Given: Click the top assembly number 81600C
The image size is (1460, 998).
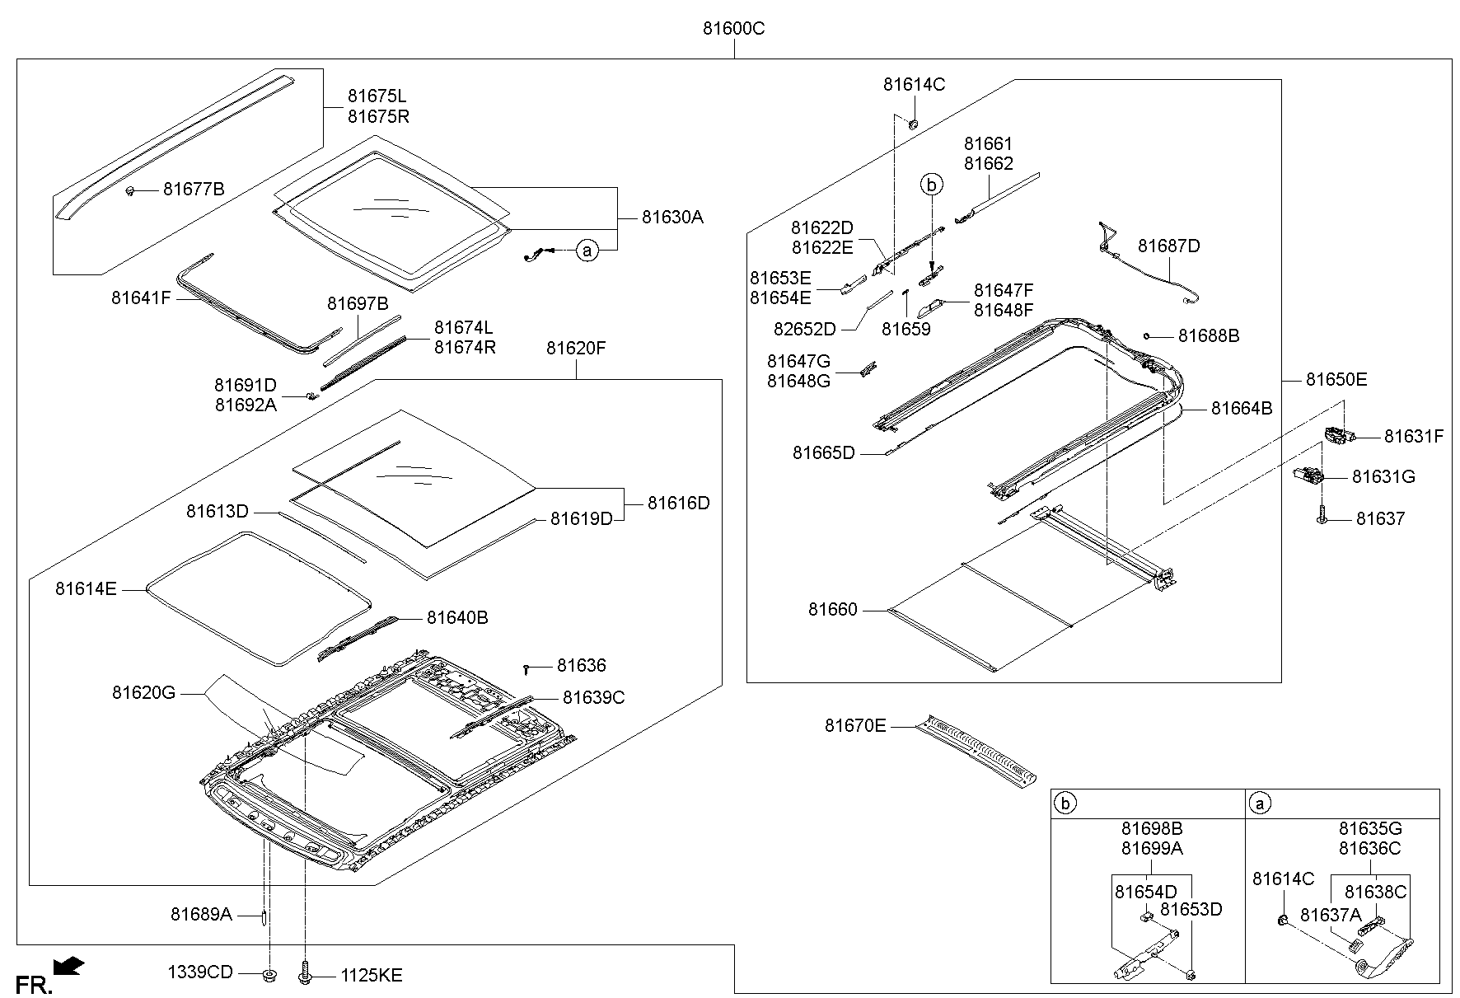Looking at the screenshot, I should [x=733, y=29].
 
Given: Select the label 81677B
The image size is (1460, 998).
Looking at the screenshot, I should [x=193, y=190].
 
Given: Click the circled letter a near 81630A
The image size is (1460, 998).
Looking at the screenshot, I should [x=586, y=249].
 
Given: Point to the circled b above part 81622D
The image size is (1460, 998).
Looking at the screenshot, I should [x=931, y=185].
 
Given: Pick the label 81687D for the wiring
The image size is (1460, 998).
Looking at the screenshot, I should [x=1168, y=246].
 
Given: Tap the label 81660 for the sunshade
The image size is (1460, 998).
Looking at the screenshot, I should [x=832, y=610].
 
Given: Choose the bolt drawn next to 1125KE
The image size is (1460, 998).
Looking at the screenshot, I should [x=304, y=975].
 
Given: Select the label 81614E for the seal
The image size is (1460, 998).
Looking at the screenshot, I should [x=86, y=588].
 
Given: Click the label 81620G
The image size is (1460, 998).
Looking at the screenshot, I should [x=144, y=693].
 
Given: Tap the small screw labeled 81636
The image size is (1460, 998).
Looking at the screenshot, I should [x=526, y=668].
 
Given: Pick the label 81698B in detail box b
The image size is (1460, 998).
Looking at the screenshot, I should [x=1151, y=828].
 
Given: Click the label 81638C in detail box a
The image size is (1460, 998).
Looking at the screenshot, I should [x=1375, y=892].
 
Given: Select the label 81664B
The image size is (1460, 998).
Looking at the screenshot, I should [x=1242, y=408].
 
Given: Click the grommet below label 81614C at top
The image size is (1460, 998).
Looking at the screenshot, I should [x=913, y=124].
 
